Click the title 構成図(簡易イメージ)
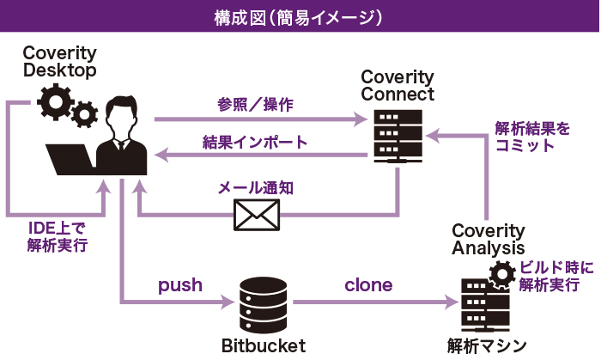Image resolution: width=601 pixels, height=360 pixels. pos(300,16)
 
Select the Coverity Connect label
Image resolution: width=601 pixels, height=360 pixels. pos(398,85)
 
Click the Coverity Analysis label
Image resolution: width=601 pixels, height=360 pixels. pos(489,239)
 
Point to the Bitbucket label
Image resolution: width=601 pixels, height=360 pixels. pos(263,345)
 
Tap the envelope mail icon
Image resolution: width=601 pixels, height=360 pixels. pos(258,215)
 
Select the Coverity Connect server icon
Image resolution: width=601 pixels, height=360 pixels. pos(397,135)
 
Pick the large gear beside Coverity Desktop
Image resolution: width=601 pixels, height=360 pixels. pos(57,102)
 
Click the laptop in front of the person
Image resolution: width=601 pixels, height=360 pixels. pos(72,160)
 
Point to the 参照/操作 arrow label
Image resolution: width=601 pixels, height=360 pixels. pos(256,105)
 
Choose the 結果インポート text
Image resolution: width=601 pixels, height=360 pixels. pos(255,142)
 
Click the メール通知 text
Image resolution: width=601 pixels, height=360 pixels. pos(257,186)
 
